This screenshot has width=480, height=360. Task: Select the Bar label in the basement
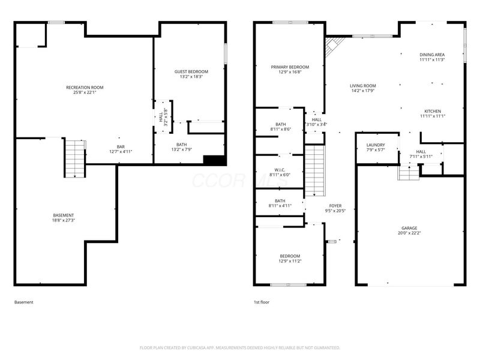[x=121, y=146]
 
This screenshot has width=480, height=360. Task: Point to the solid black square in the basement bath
[x=214, y=160]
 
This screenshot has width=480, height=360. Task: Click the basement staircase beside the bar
[x=73, y=158]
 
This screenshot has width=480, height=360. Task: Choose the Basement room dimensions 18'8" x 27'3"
[x=63, y=220]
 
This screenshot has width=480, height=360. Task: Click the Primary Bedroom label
[x=290, y=67]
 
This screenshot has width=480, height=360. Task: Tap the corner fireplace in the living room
[x=334, y=46]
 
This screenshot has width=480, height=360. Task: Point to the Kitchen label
[x=433, y=111]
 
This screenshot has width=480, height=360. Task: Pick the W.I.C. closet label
[x=280, y=169]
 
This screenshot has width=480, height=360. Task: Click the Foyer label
[x=335, y=206]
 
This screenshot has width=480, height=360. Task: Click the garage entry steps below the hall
[x=409, y=173]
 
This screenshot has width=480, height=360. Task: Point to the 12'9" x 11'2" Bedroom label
[x=289, y=256]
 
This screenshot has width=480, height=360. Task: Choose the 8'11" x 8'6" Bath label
[x=280, y=124]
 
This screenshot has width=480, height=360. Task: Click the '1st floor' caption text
[x=262, y=302]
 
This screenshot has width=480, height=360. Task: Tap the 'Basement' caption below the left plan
[x=24, y=302]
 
